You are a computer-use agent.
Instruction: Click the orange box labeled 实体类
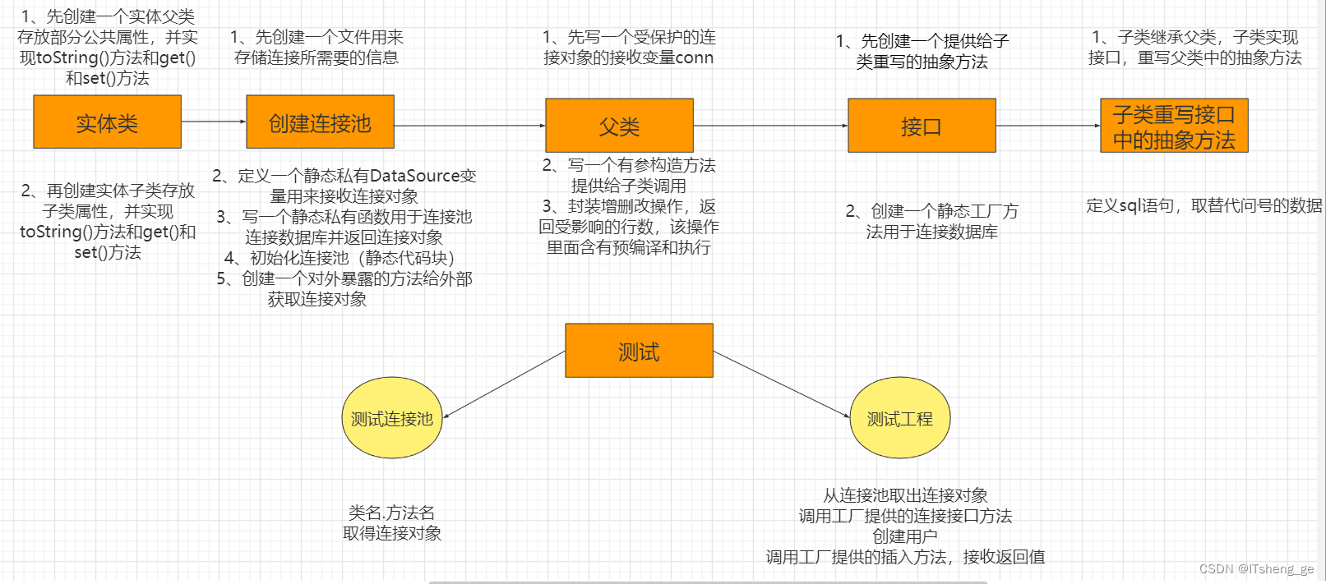(x=107, y=122)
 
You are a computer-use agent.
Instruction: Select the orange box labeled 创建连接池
(x=320, y=122)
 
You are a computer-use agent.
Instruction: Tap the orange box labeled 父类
(x=619, y=126)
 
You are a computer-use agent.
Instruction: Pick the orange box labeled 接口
(x=922, y=126)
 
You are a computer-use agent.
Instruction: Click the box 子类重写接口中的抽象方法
(x=1174, y=126)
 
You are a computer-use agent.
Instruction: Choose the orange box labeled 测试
(x=639, y=351)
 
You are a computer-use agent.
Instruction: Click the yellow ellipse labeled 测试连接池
(x=392, y=418)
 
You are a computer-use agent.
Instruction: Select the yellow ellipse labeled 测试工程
(x=899, y=418)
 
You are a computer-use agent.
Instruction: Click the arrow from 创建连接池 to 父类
(x=469, y=126)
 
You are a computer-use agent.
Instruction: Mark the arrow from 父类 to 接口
(x=770, y=126)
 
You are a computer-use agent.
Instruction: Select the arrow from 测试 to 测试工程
(x=781, y=384)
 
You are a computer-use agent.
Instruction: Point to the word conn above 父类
(x=695, y=57)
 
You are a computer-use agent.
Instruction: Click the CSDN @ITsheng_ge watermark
(x=1256, y=568)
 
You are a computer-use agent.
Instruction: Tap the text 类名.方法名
(x=391, y=513)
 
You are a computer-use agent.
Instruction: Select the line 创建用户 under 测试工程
(x=904, y=536)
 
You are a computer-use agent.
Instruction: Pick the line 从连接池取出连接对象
(x=905, y=495)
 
